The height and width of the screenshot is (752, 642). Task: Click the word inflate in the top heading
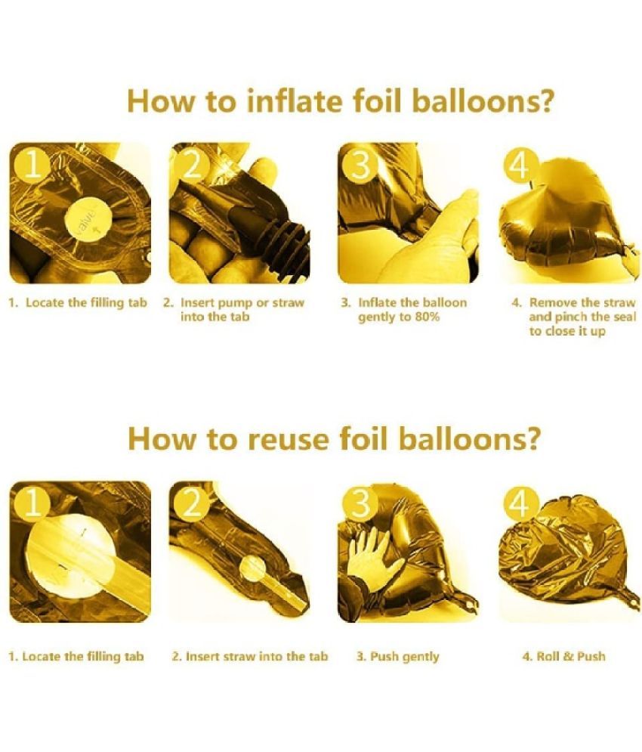(295, 101)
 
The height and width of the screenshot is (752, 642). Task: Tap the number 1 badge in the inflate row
(32, 166)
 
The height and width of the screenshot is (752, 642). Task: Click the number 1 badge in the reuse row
(32, 504)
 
